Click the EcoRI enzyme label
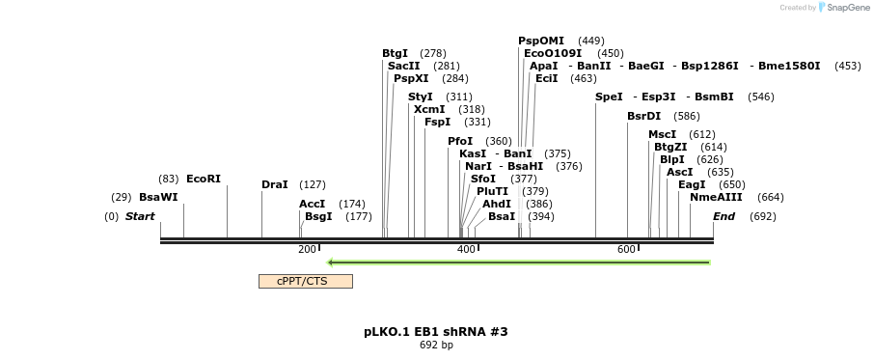point(204,179)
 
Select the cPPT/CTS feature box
point(305,281)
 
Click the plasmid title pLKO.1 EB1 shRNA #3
point(436,331)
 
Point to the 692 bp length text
point(436,345)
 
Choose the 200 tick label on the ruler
point(307,249)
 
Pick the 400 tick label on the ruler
point(466,249)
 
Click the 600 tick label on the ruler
point(626,249)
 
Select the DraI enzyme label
point(275,184)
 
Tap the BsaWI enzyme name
point(158,197)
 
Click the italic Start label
point(140,216)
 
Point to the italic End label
point(724,216)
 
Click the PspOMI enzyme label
point(541,41)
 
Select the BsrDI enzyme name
point(643,116)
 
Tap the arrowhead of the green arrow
point(331,262)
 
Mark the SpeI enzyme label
point(609,97)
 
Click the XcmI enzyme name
point(429,109)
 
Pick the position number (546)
point(761,97)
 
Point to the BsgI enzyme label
point(318,216)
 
